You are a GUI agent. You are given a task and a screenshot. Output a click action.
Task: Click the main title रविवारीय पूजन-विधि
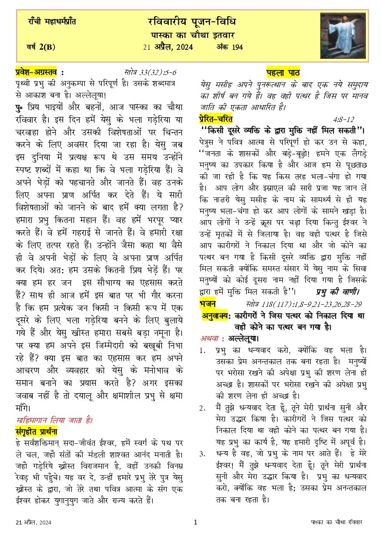(192, 22)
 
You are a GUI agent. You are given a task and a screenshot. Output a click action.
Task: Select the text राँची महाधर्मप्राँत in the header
(52, 21)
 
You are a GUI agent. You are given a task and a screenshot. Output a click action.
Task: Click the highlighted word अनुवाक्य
(215, 315)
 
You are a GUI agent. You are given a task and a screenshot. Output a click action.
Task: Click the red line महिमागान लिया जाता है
(54, 421)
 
